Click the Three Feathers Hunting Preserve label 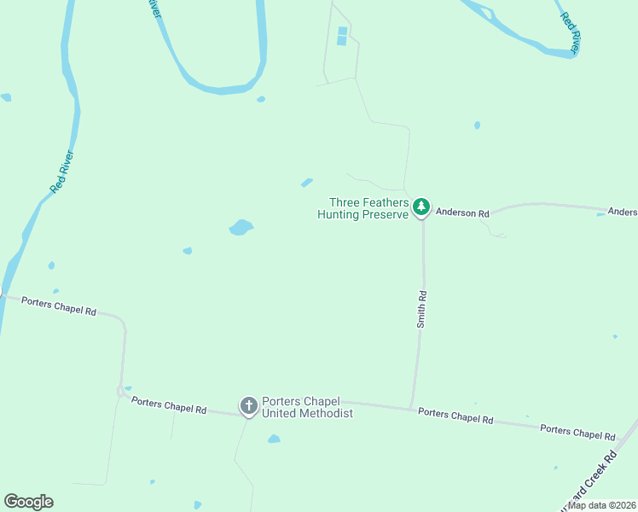point(364,208)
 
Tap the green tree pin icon point(420,207)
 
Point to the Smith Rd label point(421,309)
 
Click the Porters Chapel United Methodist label point(307,407)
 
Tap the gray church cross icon point(249,406)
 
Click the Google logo point(28,502)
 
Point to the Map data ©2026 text point(602,505)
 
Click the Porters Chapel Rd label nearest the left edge point(58,306)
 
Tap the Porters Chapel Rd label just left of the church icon point(169,405)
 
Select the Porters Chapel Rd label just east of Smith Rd point(455,416)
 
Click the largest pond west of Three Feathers point(241,227)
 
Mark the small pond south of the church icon point(274,439)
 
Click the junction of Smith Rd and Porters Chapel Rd point(411,406)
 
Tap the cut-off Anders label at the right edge point(622,212)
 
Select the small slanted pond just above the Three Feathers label point(306,182)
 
